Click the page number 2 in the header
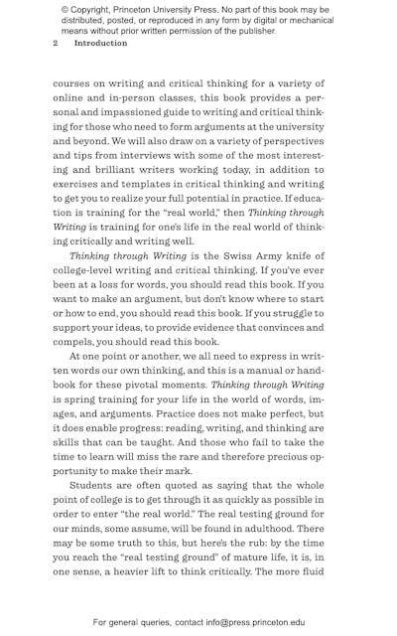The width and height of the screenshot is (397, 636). pos(56,44)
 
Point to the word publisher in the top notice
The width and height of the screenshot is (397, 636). pos(252,31)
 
